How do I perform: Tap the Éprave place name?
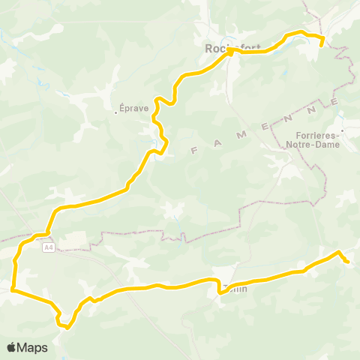tap(134, 107)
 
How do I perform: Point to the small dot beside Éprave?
tap(116, 112)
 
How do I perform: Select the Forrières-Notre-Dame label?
tap(313, 141)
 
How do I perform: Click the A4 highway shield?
tap(49, 247)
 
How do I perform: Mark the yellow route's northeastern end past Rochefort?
tap(322, 45)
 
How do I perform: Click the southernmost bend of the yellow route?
tap(67, 326)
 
